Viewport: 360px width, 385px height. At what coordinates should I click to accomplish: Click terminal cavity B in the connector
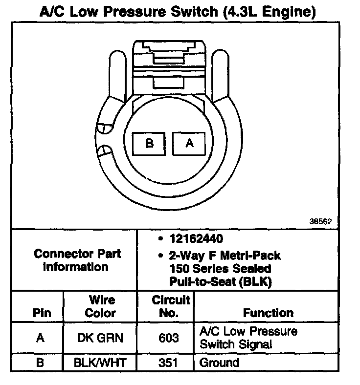point(150,143)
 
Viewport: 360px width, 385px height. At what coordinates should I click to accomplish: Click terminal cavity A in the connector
point(189,143)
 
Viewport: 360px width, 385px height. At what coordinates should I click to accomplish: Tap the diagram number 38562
point(320,221)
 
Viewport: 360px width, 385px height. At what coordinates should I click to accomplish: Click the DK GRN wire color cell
point(100,338)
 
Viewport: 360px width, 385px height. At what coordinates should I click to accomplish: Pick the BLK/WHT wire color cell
point(100,363)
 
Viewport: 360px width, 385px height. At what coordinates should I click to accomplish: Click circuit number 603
point(165,338)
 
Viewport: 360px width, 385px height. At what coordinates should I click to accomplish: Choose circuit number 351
point(165,363)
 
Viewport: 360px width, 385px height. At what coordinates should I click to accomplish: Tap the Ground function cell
point(219,363)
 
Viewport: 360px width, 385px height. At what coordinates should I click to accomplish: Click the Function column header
point(268,313)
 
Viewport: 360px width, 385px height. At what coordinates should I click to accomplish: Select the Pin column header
point(42,313)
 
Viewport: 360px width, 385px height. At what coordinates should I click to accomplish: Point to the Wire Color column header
point(100,306)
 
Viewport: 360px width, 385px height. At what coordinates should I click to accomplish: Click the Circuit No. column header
point(166,306)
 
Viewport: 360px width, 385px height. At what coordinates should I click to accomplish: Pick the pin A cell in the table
point(42,338)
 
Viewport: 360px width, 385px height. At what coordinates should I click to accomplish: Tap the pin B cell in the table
point(42,363)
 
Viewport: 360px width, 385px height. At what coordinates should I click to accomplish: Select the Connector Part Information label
point(77,260)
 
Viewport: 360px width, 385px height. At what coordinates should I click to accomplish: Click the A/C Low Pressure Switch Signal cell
point(248,338)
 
